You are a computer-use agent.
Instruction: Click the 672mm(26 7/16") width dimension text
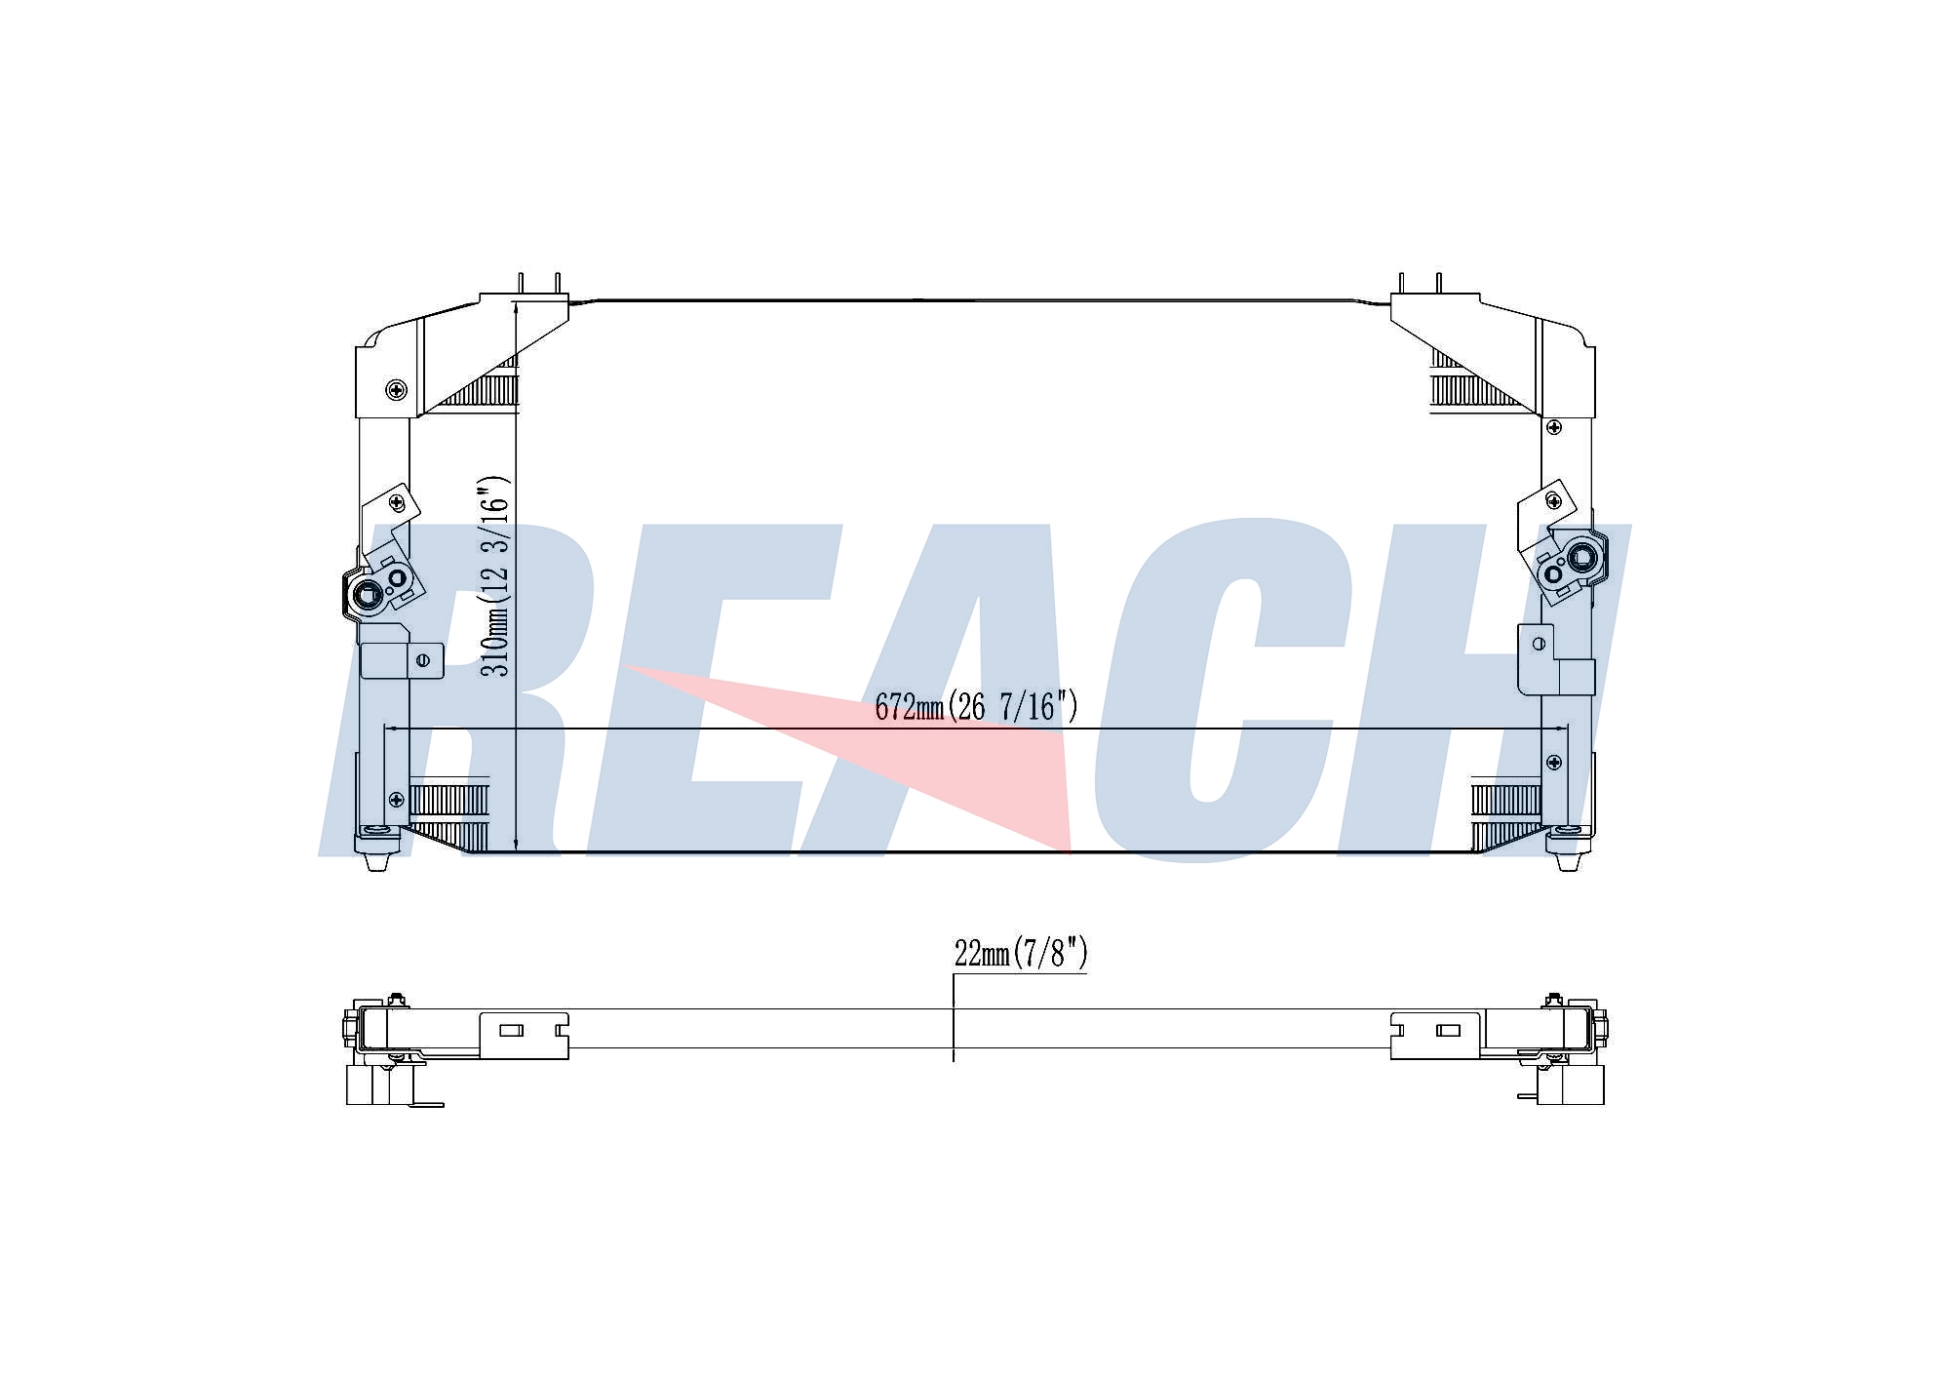pos(977,705)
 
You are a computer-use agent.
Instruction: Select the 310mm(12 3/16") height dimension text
pos(496,576)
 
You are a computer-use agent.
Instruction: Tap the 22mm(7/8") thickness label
pos(1021,952)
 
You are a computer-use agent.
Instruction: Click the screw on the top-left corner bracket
pos(396,390)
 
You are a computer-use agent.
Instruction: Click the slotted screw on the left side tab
pos(423,660)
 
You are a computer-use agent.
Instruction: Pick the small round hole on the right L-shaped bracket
pos(1540,644)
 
